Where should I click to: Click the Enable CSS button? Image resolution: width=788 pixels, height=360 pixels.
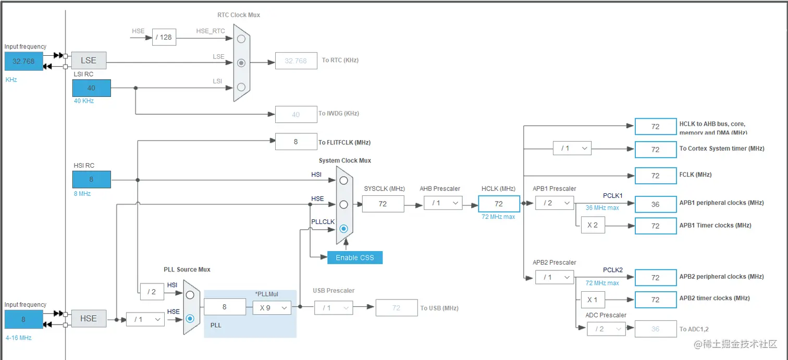click(x=354, y=257)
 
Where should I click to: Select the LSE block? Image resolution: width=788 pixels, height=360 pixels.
click(x=89, y=60)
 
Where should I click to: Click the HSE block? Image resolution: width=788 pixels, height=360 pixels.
click(x=89, y=318)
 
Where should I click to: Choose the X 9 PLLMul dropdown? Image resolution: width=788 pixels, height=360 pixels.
click(x=272, y=307)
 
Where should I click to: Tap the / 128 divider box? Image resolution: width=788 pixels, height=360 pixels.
click(x=164, y=37)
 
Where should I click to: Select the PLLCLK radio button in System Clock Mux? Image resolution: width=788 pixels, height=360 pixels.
click(x=343, y=228)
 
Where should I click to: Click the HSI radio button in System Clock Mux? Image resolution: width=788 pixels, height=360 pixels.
click(x=343, y=180)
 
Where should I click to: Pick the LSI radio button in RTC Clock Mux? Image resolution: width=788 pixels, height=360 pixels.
click(x=241, y=86)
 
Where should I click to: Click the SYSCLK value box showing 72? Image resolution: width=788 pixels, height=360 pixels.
click(x=383, y=204)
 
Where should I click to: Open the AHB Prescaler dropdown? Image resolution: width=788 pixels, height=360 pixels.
click(x=443, y=203)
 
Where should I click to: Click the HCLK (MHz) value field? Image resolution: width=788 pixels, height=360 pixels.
click(x=499, y=204)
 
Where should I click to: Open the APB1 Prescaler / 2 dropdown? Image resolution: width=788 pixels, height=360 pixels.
click(x=555, y=203)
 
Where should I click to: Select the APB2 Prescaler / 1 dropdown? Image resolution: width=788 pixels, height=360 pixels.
click(x=555, y=277)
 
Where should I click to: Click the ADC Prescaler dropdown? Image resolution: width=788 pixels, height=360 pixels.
click(x=606, y=329)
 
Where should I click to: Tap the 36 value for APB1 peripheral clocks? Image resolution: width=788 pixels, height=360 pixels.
click(x=655, y=204)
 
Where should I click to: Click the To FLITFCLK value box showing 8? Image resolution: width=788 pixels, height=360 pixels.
click(x=295, y=142)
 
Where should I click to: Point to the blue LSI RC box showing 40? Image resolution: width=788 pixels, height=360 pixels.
click(x=91, y=88)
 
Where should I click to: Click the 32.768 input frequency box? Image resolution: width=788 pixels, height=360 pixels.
click(x=23, y=61)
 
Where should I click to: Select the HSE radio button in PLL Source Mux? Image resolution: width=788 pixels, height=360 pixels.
click(x=190, y=318)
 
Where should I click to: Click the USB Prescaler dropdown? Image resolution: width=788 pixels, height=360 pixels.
click(x=333, y=308)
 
